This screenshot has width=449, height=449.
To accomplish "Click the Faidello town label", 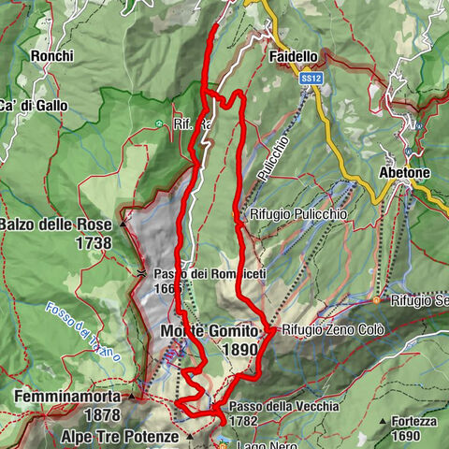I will (x=295, y=57).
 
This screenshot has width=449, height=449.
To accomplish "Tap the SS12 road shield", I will (x=311, y=81).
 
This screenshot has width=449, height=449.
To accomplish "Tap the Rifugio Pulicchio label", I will (x=297, y=213).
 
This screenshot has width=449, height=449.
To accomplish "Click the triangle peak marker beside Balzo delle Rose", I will (x=122, y=224).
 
